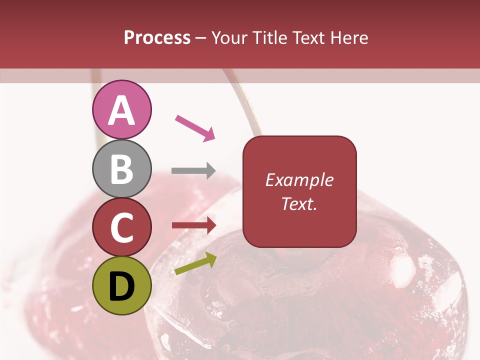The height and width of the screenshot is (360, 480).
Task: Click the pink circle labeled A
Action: coord(121,110)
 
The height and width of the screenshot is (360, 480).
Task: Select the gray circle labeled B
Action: coord(121,169)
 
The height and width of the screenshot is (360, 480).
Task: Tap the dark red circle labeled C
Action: coord(121,227)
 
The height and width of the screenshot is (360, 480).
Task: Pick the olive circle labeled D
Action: coord(121,286)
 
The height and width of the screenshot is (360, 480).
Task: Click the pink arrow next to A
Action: coord(195,127)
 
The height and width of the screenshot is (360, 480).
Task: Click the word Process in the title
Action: coord(157,38)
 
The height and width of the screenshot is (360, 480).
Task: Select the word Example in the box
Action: coord(299,180)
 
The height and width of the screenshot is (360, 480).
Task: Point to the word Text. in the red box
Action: coord(299,203)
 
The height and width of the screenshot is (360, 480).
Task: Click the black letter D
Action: coord(121,286)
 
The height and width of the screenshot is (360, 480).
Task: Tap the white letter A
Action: coord(121,110)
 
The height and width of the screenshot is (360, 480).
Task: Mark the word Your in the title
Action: coord(230,38)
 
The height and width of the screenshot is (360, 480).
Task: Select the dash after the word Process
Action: coord(200,38)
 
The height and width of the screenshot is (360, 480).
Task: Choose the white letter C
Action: coord(121,228)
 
